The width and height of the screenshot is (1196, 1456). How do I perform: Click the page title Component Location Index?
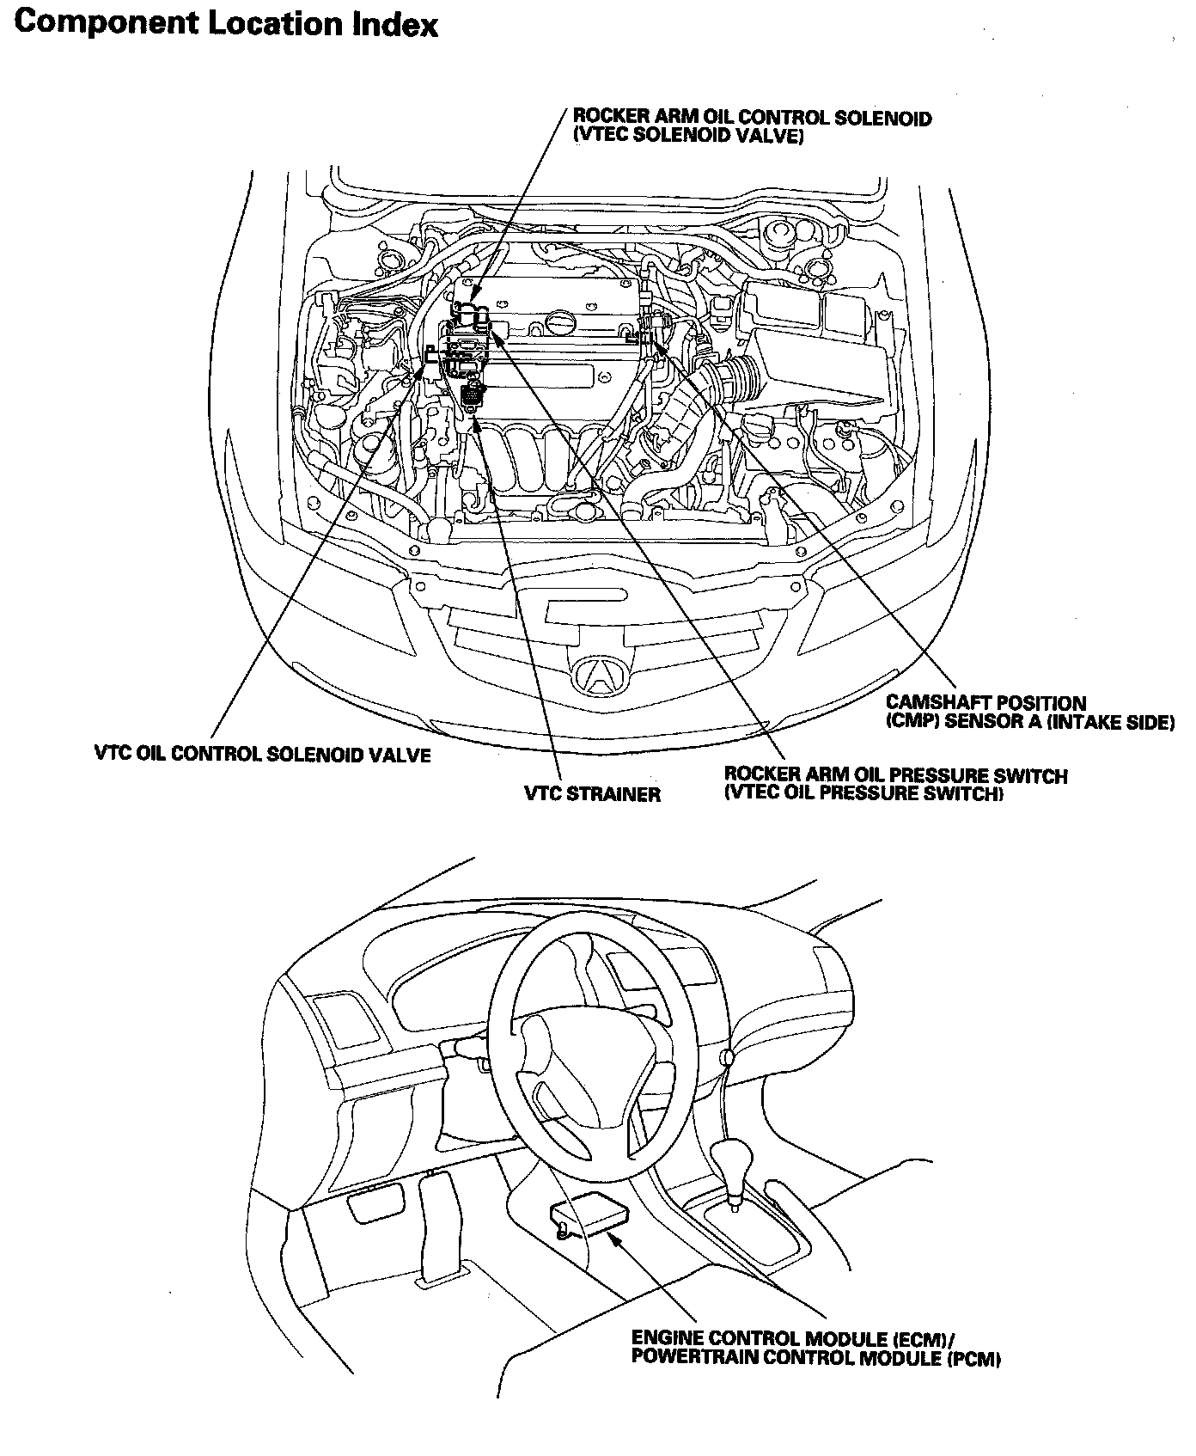(x=226, y=23)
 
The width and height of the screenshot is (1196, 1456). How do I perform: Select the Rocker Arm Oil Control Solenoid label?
(x=752, y=118)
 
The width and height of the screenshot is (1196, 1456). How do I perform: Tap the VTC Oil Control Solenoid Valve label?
(x=262, y=756)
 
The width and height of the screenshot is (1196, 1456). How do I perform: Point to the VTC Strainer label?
(x=593, y=794)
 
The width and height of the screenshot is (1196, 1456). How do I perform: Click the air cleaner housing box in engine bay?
(x=816, y=344)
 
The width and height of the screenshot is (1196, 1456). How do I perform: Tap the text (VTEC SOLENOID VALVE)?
(x=688, y=135)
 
